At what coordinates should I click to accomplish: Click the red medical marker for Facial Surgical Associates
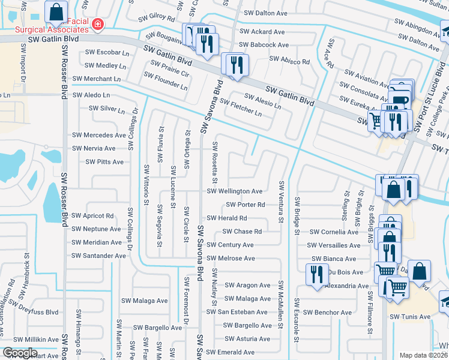[98, 25]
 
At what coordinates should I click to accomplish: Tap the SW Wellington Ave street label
[234, 191]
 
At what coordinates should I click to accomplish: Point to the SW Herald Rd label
[226, 218]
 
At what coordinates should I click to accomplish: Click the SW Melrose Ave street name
[231, 259]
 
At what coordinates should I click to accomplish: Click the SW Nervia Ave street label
[93, 148]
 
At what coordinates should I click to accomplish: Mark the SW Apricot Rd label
[92, 215]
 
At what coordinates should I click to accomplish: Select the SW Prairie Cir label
[166, 74]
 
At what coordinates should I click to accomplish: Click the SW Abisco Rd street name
[289, 61]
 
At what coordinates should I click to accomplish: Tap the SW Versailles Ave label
[334, 245]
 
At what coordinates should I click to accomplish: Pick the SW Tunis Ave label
[410, 317]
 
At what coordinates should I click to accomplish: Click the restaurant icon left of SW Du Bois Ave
[315, 274]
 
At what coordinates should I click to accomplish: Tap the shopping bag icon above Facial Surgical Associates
[56, 11]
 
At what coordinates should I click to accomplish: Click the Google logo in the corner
[20, 353]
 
